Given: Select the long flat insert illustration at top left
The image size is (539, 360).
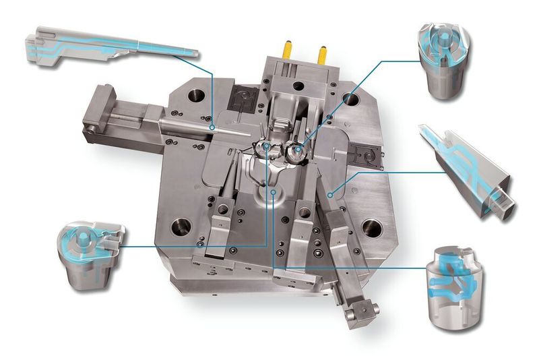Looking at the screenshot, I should pos(108,47).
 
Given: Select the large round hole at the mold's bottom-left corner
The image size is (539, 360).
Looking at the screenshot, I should pos(181,227).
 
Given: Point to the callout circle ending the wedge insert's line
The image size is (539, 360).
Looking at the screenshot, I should pos(329,194).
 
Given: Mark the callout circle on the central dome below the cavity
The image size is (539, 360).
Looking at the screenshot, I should pos(273,191).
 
